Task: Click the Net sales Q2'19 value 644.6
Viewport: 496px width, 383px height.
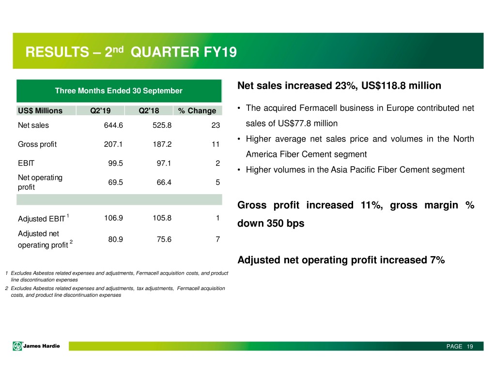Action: [113, 125]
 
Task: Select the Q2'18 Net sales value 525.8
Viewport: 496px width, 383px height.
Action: [161, 125]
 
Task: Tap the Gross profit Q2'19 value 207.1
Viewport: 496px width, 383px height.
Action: [113, 144]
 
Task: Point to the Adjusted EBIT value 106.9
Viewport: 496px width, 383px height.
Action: [113, 217]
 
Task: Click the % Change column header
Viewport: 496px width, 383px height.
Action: [197, 110]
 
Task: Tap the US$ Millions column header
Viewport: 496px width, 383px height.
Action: [40, 110]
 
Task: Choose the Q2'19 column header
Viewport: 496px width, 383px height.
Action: [100, 110]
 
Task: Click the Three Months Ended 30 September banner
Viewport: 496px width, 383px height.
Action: [119, 91]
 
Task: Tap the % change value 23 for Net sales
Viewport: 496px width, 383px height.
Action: [216, 125]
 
